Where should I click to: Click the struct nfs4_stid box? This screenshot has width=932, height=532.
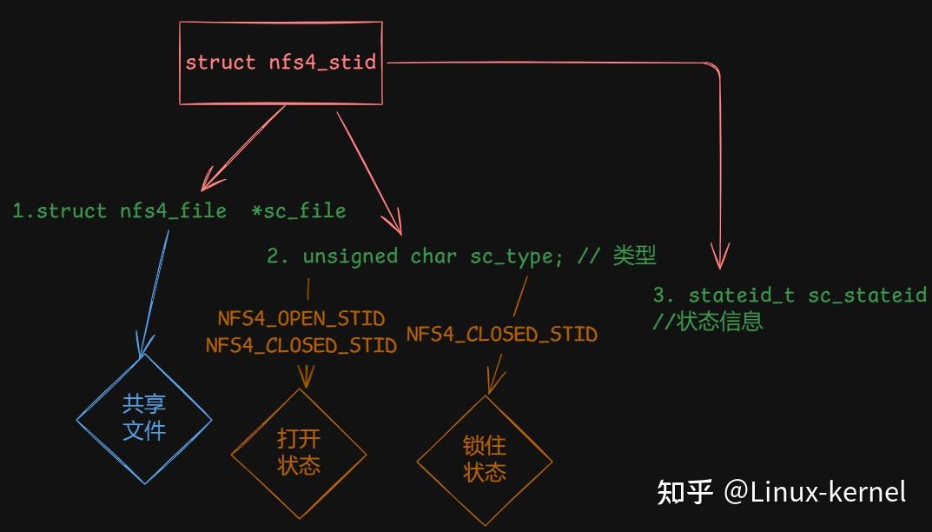[281, 63]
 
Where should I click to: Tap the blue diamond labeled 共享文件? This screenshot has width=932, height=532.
[144, 418]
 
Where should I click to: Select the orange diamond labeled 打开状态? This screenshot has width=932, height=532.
[299, 451]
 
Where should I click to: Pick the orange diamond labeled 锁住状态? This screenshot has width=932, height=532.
[485, 460]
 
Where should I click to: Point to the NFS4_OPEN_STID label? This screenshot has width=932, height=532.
[301, 319]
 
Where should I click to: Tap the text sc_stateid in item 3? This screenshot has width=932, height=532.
[868, 296]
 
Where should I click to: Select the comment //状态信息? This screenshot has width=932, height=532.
[707, 322]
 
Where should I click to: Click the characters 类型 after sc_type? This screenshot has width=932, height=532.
[634, 256]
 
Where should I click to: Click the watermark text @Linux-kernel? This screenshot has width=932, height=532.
[814, 492]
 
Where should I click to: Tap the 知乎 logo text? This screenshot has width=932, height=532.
[684, 492]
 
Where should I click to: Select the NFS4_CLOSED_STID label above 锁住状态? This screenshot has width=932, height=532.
[501, 335]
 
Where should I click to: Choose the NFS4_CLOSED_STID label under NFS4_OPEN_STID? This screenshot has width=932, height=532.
[301, 346]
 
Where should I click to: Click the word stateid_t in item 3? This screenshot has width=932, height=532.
[741, 296]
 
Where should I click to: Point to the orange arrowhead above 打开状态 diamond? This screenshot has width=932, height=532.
[306, 377]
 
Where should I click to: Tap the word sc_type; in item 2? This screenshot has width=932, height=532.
[512, 256]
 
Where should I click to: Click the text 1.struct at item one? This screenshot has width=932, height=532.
[60, 211]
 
